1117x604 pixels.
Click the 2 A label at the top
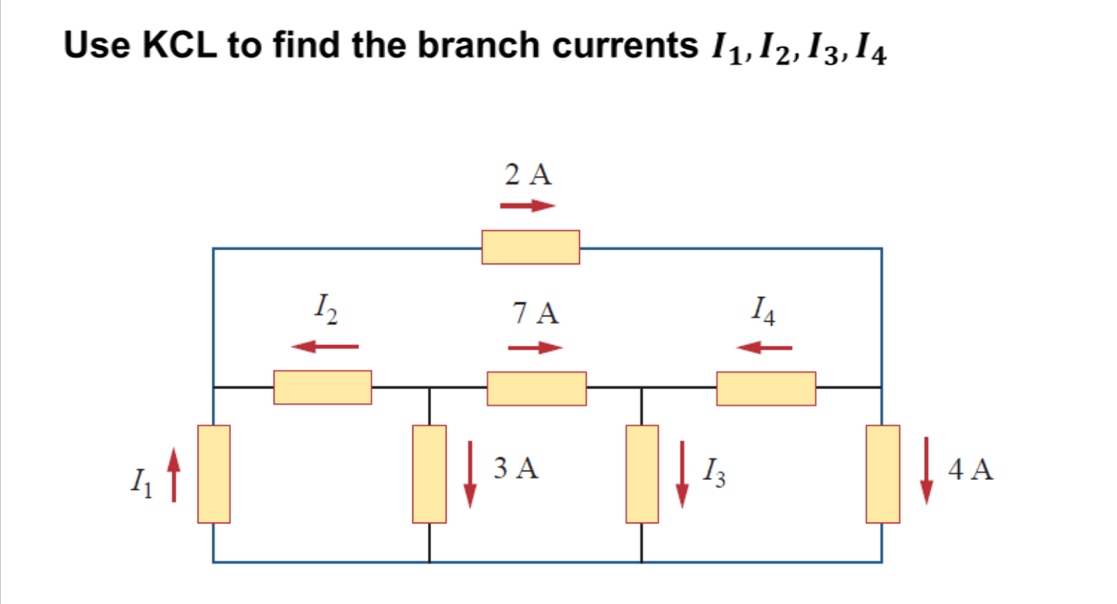tap(529, 176)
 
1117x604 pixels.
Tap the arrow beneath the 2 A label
tap(528, 206)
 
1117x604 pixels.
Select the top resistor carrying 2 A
tap(530, 247)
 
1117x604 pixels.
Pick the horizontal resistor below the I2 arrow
tap(322, 388)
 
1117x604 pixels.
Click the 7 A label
tap(535, 314)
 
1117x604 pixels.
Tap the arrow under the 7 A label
tap(535, 347)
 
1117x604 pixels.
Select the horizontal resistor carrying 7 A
tap(536, 388)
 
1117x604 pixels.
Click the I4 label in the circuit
tap(764, 312)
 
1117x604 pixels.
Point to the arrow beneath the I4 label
tap(764, 347)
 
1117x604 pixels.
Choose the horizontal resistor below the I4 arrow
tap(766, 388)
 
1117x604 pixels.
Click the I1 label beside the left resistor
tap(140, 485)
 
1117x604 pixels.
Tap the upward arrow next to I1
tap(174, 475)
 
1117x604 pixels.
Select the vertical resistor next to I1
tap(214, 474)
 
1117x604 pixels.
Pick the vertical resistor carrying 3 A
tap(429, 474)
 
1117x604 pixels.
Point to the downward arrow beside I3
tap(682, 474)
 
